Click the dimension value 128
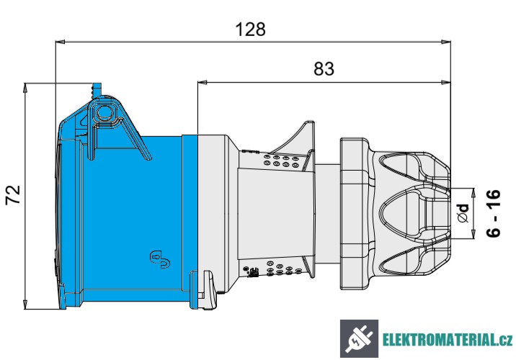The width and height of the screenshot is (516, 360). (x=251, y=30)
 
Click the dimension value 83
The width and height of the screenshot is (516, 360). (x=325, y=69)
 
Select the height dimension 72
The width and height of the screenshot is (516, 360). (x=13, y=195)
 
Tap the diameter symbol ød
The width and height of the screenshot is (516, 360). (x=464, y=212)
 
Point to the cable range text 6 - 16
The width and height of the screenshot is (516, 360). (x=494, y=214)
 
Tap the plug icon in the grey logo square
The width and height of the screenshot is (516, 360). (x=358, y=339)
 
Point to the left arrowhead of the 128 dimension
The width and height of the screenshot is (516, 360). (x=59, y=42)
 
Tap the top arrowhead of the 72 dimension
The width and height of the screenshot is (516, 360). (x=25, y=86)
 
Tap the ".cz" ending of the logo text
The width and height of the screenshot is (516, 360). (x=504, y=340)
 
